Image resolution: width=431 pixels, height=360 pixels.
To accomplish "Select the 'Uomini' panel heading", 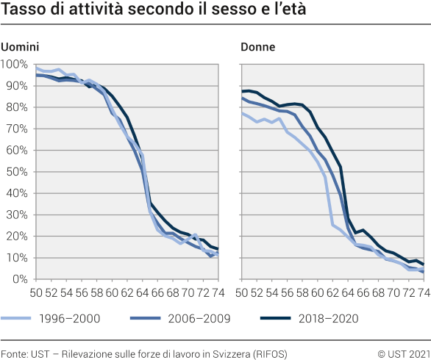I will click(x=19, y=47).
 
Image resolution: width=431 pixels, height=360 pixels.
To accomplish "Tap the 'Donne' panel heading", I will click(x=257, y=47).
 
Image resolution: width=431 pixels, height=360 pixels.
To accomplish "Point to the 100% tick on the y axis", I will click(x=14, y=65).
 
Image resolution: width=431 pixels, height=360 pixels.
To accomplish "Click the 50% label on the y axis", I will click(x=16, y=172).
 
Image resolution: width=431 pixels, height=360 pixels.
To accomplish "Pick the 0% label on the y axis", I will click(x=19, y=279).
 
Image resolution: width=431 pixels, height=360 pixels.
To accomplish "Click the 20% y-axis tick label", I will click(x=16, y=237).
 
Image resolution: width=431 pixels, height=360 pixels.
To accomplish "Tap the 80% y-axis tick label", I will click(x=16, y=107).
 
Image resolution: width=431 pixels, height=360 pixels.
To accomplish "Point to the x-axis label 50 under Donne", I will click(x=241, y=292).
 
